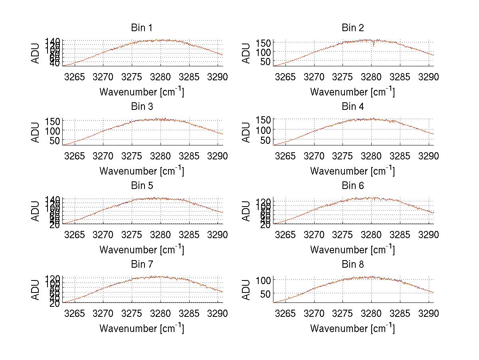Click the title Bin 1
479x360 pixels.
coord(142,28)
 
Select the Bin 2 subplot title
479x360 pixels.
coord(353,28)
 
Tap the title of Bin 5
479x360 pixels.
coord(142,186)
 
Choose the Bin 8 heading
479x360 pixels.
coord(353,265)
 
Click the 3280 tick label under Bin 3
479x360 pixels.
coord(160,156)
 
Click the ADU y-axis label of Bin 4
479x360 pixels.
coord(247,132)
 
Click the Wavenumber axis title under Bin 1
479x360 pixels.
coord(142,92)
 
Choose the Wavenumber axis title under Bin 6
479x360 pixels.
coord(353,250)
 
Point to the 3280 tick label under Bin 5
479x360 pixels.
coord(160,235)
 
